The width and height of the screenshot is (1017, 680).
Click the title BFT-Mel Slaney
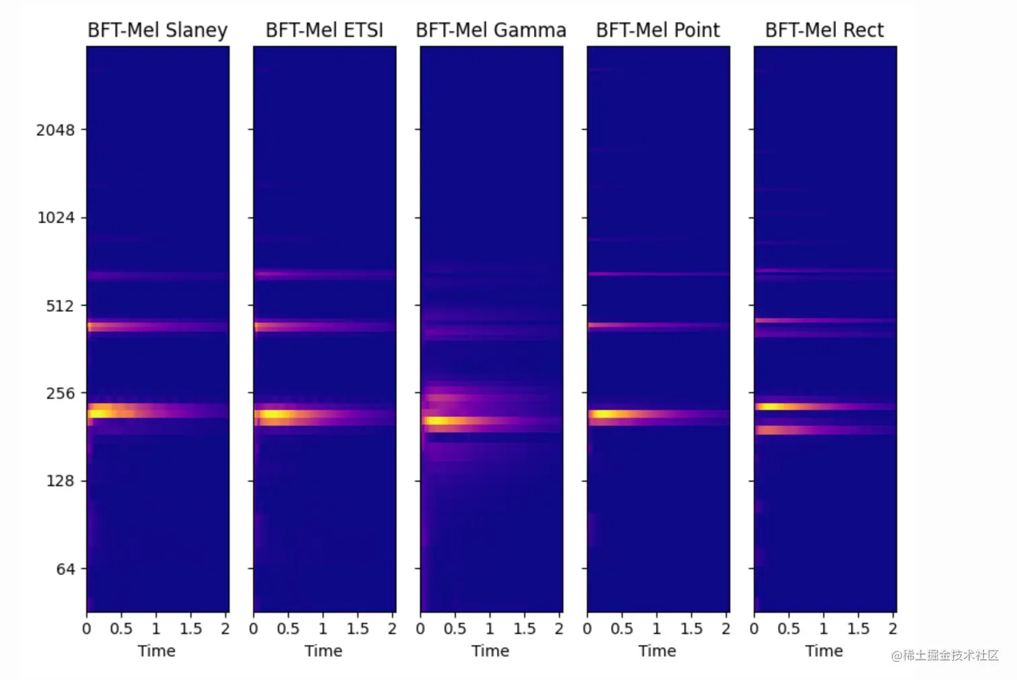pos(157,30)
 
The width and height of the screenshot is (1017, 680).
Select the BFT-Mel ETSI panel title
pos(324,30)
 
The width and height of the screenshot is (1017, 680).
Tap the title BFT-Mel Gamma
pos(491,30)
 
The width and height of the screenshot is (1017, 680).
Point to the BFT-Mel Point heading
pos(658,30)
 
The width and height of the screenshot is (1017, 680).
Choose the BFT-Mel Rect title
pos(825,30)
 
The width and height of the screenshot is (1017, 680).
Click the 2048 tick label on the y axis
pos(55,130)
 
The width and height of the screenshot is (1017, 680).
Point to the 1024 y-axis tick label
pos(55,218)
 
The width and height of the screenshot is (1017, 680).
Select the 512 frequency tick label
pos(60,306)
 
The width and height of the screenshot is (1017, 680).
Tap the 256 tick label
pos(60,393)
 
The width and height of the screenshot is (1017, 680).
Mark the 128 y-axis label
pos(60,481)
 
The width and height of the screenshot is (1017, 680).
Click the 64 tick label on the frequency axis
pos(65,569)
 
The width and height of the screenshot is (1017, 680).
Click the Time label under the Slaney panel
pos(157,651)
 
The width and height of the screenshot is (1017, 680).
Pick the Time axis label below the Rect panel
pos(824,651)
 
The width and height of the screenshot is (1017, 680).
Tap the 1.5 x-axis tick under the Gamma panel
pos(524,629)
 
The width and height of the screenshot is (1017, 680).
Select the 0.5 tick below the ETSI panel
pos(288,629)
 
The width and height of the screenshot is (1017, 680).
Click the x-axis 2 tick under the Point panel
pos(726,629)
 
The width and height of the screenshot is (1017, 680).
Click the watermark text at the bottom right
pos(945,655)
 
